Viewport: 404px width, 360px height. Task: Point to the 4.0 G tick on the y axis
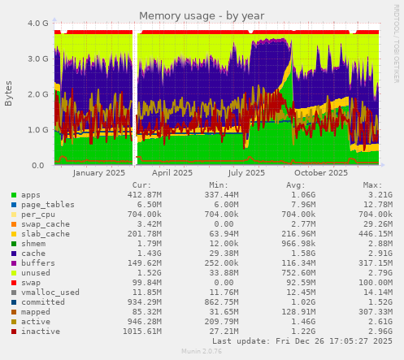click(x=37, y=24)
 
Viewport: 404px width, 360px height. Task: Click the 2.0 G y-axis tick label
click(x=37, y=94)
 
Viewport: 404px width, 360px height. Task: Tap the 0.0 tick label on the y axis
click(x=41, y=165)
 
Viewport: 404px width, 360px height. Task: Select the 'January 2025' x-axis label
click(x=98, y=173)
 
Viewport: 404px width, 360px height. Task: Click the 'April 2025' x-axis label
click(x=172, y=173)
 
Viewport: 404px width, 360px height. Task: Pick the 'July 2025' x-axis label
click(x=246, y=173)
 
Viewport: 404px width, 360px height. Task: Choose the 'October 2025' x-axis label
click(x=321, y=173)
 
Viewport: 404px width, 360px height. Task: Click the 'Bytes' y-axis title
click(x=9, y=93)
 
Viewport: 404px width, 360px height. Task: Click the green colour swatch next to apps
click(x=14, y=195)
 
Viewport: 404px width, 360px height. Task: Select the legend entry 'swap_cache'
click(x=46, y=224)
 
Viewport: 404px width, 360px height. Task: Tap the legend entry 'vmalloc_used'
click(x=50, y=293)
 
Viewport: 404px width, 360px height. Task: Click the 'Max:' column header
click(x=372, y=185)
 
